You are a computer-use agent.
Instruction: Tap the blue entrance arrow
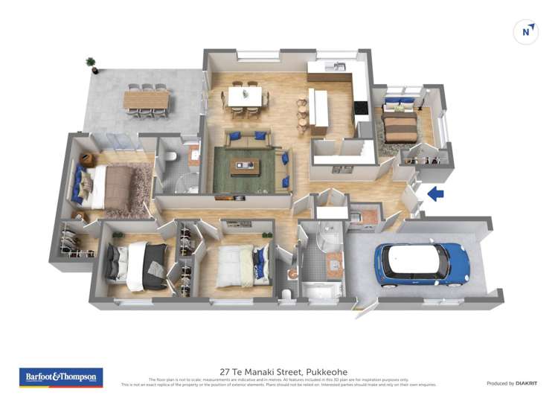435,194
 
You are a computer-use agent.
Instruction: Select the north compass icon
526,32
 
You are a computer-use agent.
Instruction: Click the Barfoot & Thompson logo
61,377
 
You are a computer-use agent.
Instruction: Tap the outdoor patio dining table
147,100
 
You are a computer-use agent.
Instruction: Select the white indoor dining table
245,96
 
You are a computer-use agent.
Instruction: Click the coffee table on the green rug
245,167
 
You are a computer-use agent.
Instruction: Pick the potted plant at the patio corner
92,64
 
